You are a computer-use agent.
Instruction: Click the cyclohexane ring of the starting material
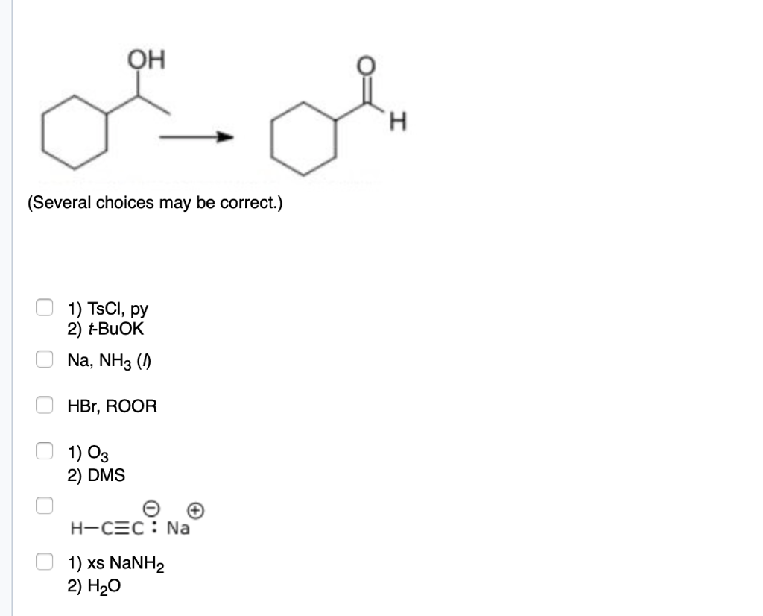click(74, 134)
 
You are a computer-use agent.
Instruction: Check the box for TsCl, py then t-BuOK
click(45, 307)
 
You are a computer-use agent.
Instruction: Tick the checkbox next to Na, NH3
click(45, 359)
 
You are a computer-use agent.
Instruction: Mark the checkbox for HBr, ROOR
click(45, 406)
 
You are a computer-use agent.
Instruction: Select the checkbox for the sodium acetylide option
click(45, 504)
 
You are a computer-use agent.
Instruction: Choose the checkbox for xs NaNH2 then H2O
click(45, 559)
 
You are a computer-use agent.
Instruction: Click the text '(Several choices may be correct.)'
click(155, 203)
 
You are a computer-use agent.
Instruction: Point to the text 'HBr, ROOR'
click(113, 407)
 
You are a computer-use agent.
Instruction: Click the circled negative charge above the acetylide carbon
click(150, 509)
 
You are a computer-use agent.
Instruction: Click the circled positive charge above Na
click(195, 511)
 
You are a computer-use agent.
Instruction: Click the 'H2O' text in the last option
click(102, 588)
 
